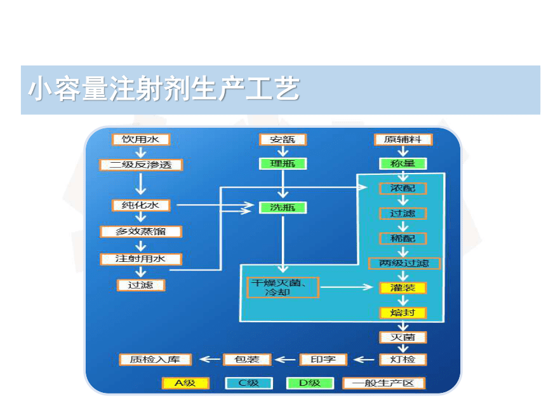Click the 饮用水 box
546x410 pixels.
point(141,139)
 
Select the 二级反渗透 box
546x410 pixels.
point(141,165)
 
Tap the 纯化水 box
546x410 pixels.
point(141,205)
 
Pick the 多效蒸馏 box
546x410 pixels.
point(141,231)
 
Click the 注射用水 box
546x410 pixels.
point(141,259)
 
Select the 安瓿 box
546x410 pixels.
point(283,139)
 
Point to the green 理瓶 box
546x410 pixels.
point(283,163)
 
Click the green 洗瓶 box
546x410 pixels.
point(283,207)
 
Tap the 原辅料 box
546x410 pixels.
point(403,139)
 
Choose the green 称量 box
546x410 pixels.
point(403,163)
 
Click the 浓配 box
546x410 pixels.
point(403,188)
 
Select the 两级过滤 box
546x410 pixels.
point(404,263)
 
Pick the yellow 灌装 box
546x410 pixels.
point(403,288)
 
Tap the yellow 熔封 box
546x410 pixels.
point(403,313)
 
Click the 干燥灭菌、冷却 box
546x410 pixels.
point(283,287)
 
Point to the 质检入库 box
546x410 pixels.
point(156,359)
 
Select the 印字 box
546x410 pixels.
point(324,359)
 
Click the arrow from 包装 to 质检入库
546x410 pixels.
point(210,359)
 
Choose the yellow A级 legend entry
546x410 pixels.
point(185,383)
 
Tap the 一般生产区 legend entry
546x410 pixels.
point(383,383)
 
